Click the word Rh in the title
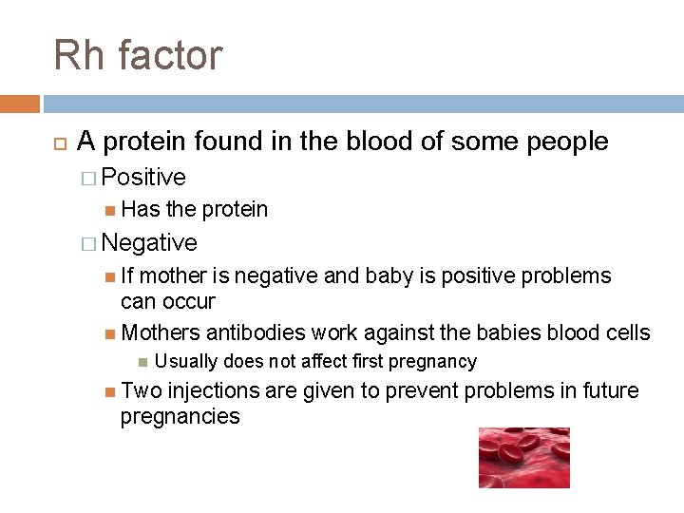(x=79, y=55)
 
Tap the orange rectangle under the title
(x=20, y=104)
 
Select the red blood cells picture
(x=523, y=457)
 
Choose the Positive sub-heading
(x=143, y=178)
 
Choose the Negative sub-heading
(x=149, y=243)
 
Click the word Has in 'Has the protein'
(x=142, y=209)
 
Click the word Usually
(x=184, y=362)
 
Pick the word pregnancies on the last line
(x=180, y=416)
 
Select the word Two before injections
(x=142, y=391)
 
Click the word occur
(x=189, y=302)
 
